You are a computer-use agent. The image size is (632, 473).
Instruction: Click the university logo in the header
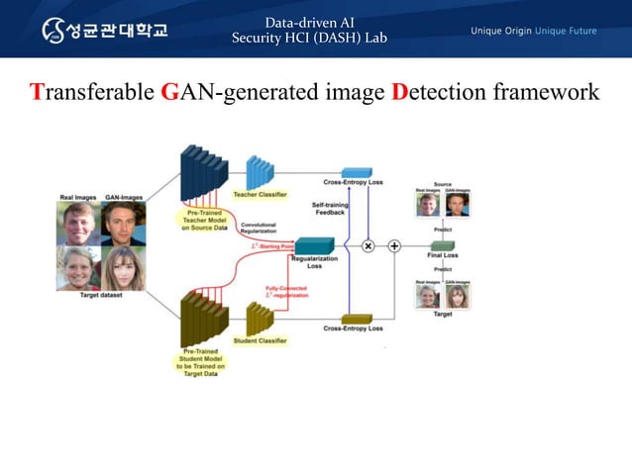[x=104, y=30]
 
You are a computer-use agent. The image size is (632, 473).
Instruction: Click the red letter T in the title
[x=38, y=94]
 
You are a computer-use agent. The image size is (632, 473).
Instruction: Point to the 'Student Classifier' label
[x=260, y=340]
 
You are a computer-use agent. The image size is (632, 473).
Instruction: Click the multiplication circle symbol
[x=369, y=245]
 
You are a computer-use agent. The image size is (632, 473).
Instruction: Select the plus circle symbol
[x=393, y=245]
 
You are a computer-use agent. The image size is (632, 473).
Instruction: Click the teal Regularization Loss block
[x=315, y=245]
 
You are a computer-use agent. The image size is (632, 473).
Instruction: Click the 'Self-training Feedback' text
[x=330, y=208]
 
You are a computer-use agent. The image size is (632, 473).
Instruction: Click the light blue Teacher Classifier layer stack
[x=260, y=172]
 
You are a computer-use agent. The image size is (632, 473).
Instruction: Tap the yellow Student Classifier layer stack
[x=260, y=319]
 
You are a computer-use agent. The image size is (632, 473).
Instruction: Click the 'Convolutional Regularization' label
[x=259, y=228]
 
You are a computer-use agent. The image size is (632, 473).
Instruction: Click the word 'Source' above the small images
[x=443, y=183]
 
